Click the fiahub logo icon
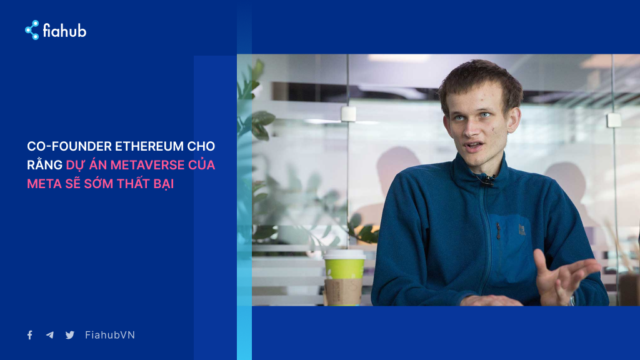32,30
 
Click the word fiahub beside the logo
65,31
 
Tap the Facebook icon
30,335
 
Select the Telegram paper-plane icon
50,335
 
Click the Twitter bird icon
70,335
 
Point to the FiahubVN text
110,335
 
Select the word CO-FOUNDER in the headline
69,146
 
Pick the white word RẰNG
44,164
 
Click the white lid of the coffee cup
344,254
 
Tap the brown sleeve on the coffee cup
343,291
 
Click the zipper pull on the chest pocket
498,231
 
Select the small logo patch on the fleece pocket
522,229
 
